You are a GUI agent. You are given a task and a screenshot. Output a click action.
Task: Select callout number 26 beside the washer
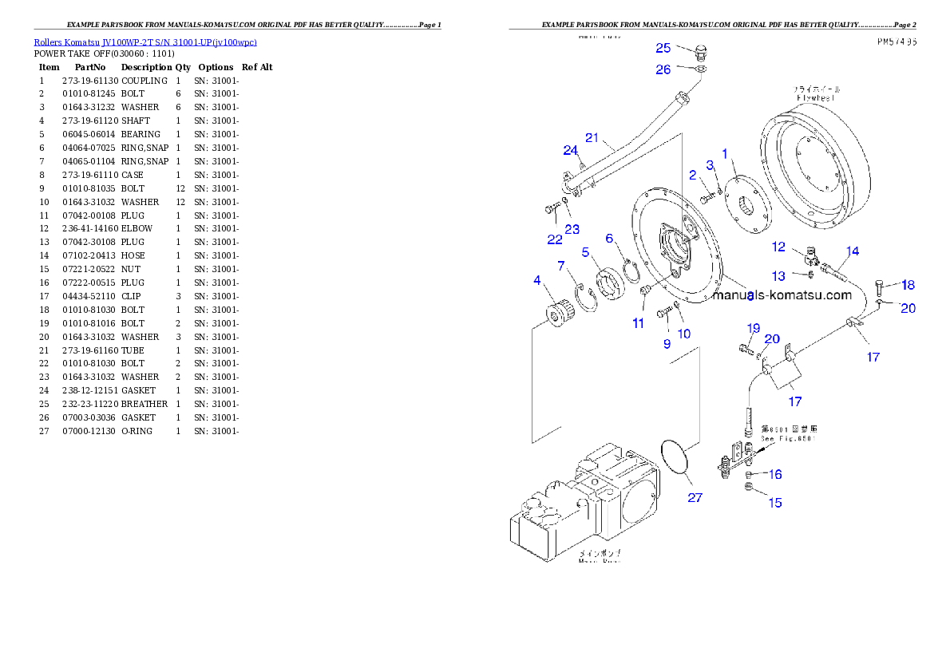[663, 70]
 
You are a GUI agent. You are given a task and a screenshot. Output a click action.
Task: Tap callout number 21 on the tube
[592, 138]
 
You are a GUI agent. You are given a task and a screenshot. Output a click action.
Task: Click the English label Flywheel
[815, 97]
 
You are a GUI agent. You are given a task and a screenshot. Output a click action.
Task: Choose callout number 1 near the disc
[725, 152]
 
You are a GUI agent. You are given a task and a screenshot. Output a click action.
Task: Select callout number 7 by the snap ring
[561, 265]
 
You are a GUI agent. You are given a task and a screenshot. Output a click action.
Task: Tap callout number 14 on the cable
[853, 251]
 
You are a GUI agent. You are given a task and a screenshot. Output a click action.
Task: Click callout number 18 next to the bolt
[908, 285]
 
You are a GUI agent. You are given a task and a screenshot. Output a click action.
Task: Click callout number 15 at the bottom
[774, 503]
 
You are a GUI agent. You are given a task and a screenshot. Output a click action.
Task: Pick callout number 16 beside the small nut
[774, 475]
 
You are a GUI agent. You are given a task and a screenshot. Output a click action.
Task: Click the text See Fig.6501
[787, 439]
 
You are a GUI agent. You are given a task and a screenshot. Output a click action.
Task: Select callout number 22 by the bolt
[554, 239]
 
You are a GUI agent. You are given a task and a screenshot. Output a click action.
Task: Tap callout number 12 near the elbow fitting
[778, 247]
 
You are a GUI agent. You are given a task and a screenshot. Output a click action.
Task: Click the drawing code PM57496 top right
[895, 42]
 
